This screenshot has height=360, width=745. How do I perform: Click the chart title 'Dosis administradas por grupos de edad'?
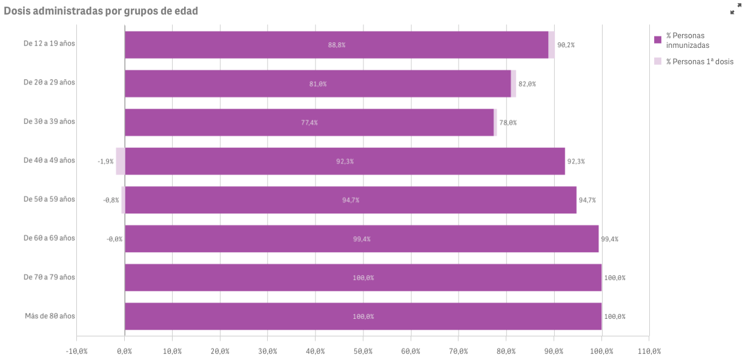101,11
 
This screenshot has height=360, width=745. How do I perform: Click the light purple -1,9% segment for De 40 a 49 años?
121,161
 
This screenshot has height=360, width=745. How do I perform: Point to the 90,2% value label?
566,45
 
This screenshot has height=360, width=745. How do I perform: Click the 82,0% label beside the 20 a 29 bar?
527,84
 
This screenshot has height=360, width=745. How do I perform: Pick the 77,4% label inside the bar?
309,123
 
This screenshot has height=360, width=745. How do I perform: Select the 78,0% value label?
508,123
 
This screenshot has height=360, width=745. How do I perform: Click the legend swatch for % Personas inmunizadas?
658,40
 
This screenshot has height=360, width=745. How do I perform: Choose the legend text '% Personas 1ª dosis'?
700,62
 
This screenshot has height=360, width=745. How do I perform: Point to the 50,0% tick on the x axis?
363,352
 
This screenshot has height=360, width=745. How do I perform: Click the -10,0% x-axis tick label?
77,352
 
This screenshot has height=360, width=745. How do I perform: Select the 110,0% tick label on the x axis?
649,352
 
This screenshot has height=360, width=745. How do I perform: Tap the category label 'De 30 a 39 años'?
49,122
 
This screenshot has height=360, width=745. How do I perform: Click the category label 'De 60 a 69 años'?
49,238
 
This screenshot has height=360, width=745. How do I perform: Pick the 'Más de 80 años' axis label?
50,316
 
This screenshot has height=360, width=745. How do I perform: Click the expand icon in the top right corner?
735,8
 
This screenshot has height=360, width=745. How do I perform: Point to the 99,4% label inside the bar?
362,239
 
